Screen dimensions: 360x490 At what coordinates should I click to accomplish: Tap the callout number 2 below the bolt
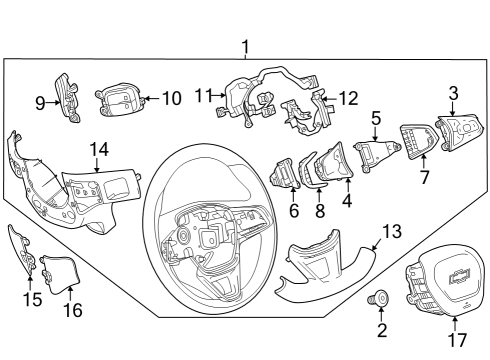pos(381,329)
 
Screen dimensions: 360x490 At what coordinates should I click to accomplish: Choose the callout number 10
pos(171,98)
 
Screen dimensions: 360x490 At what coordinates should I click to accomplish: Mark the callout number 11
pos(203,96)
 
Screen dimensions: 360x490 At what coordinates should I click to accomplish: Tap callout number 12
pos(349,98)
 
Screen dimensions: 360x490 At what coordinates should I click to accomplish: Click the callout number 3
pos(452,93)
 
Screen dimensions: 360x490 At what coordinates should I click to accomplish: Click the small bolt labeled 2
pos(381,298)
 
